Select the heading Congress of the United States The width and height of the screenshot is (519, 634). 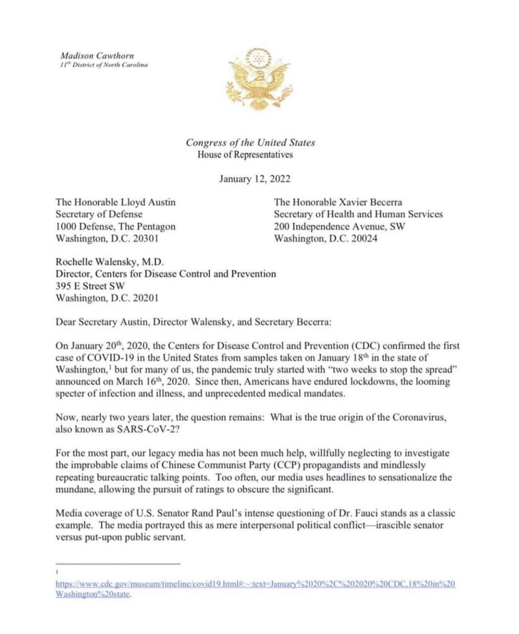point(250,142)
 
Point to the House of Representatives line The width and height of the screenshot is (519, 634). point(245,155)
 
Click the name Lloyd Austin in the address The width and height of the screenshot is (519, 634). point(142,202)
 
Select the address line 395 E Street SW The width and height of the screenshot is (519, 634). point(92,285)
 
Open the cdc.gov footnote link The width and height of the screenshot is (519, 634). point(255,584)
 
